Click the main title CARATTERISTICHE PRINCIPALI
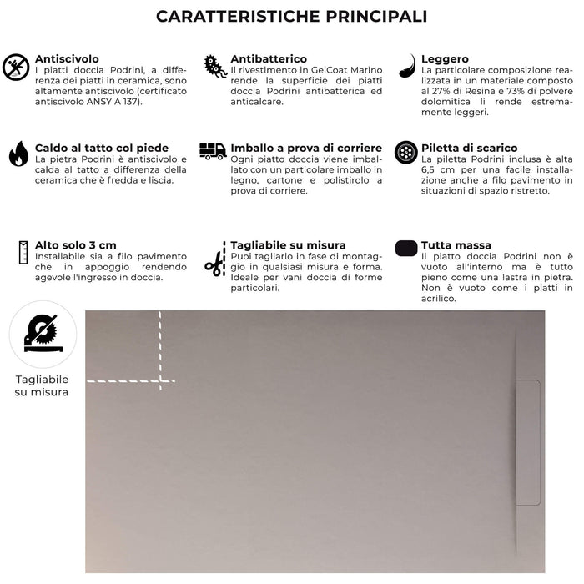[292, 17]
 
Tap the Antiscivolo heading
[67, 59]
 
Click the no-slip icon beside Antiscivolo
[16, 67]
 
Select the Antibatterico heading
[269, 59]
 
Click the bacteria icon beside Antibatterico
[215, 67]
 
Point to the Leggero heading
[445, 59]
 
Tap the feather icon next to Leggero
[407, 65]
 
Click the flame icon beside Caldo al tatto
[18, 154]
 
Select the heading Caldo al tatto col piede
[101, 148]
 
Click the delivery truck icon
[213, 151]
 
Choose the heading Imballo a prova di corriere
[306, 148]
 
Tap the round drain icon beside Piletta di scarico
[406, 153]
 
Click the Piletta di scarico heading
[469, 148]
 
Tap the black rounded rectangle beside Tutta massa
[406, 248]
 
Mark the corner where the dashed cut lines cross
[160, 381]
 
